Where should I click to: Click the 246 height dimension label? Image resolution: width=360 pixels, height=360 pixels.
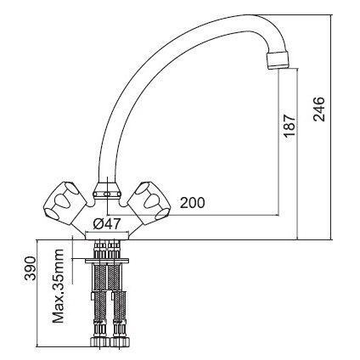point(319,109)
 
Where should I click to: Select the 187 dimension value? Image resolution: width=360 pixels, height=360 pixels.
point(290,126)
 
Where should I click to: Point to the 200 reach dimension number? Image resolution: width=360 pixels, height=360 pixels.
point(193,203)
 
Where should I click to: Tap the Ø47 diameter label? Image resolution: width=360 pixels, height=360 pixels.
point(107,224)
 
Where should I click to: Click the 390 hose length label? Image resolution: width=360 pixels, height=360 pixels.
point(31,268)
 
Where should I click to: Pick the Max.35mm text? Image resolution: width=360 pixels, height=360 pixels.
point(59,286)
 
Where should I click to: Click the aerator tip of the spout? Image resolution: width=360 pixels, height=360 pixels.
point(278,59)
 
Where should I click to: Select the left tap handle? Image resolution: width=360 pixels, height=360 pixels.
point(65,203)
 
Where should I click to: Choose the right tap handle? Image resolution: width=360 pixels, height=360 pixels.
point(149,203)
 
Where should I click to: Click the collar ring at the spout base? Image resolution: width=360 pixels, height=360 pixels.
point(107,190)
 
